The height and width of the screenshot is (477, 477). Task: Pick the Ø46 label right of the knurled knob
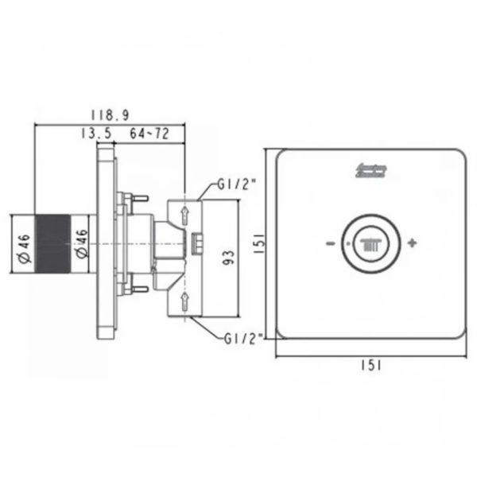[83, 242]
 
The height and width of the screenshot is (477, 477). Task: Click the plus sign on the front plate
[411, 242]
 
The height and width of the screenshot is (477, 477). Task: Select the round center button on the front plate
[369, 242]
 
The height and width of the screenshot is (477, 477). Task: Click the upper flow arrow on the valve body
[184, 214]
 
